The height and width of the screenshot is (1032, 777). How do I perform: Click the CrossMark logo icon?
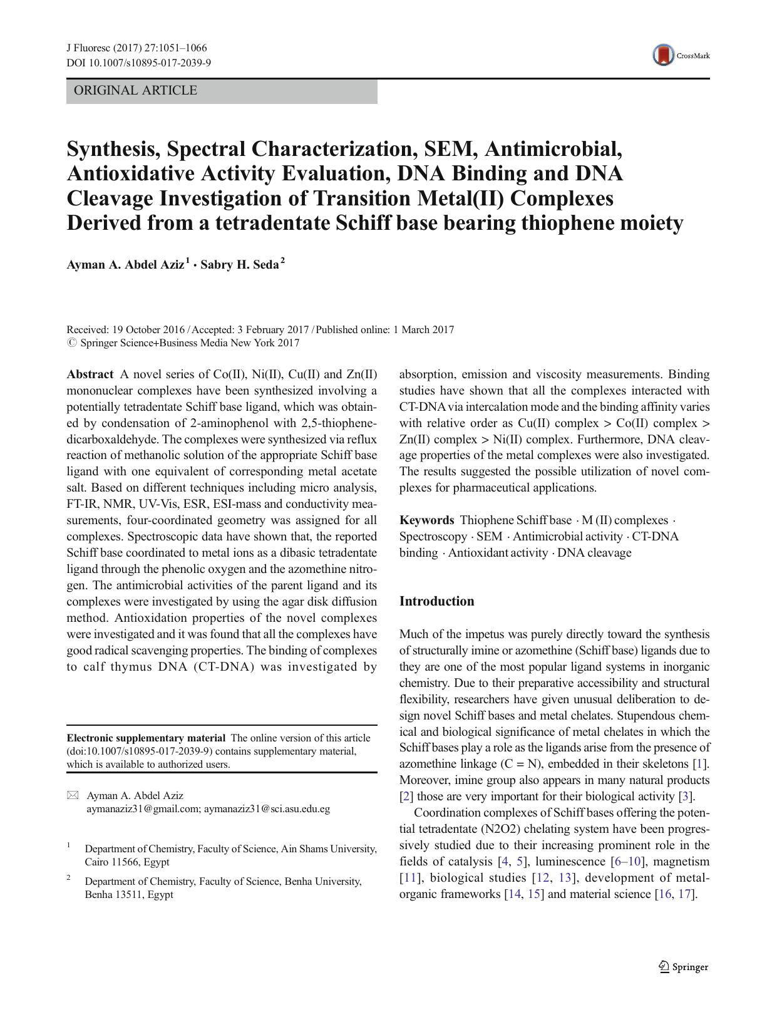663,55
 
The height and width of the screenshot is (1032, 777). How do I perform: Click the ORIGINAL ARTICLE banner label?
135,91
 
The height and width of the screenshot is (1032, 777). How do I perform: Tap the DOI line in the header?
138,63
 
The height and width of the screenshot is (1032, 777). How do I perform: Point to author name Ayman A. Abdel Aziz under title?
125,265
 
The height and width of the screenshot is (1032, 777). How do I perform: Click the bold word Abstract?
90,374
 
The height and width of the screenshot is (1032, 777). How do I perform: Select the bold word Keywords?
426,520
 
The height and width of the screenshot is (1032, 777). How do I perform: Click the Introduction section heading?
436,601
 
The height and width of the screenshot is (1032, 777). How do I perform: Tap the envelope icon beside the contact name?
73,795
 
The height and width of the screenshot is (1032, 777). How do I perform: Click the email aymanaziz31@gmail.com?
143,808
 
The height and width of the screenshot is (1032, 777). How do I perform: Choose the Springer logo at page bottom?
683,967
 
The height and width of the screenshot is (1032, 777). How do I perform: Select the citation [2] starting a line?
406,797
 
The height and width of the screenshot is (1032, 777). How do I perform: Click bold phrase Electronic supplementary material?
145,738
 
